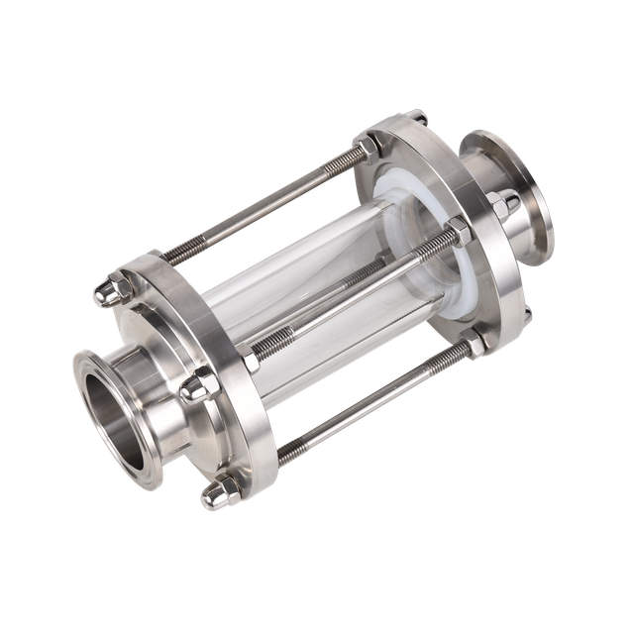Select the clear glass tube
pyautogui.click(x=297, y=287)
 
